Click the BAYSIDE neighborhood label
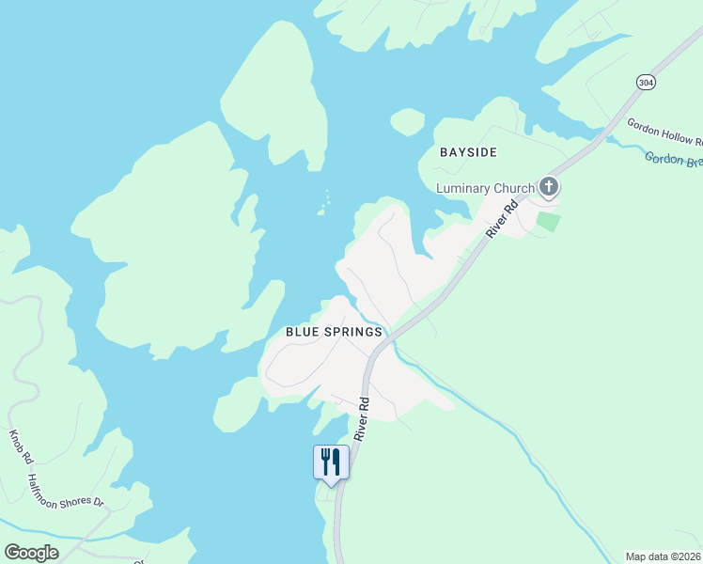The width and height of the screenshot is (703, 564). point(468,151)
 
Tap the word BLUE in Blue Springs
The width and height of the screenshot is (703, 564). point(305,332)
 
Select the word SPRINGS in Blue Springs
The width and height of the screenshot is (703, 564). point(355,332)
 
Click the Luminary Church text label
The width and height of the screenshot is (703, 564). point(485,188)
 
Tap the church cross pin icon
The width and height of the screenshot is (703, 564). point(548,187)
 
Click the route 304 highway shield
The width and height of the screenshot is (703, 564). point(645,82)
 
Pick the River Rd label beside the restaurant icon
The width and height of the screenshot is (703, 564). point(362,418)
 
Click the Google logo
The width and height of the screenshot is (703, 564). point(32,553)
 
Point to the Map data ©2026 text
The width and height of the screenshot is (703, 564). point(663,556)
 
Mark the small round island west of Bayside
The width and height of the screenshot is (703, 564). point(407,121)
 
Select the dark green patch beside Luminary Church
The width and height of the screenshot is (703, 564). point(547,222)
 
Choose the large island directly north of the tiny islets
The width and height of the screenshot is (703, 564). point(275,94)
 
